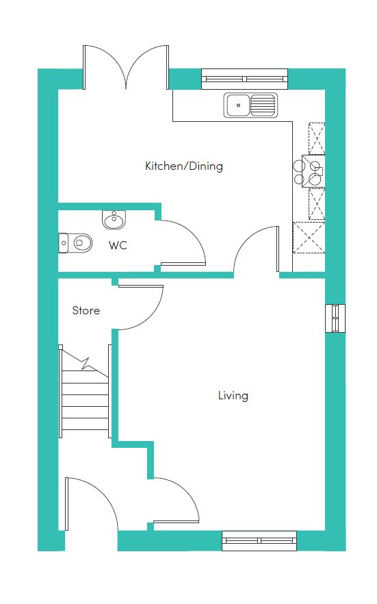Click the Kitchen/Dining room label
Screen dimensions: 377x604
(184, 166)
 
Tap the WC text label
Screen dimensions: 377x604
(118, 245)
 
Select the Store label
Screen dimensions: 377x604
(86, 310)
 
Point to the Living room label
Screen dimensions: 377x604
(233, 396)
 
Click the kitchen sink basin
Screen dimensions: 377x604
(238, 105)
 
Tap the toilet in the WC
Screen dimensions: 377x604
(75, 242)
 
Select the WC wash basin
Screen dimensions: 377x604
(114, 220)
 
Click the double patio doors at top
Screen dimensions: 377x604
(126, 67)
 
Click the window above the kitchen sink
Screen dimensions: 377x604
(245, 79)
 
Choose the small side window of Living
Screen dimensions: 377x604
(335, 318)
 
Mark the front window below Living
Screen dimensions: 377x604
(259, 541)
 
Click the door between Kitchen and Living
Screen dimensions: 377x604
(256, 249)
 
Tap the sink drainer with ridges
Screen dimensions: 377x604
(263, 105)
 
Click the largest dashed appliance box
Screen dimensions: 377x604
(309, 238)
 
